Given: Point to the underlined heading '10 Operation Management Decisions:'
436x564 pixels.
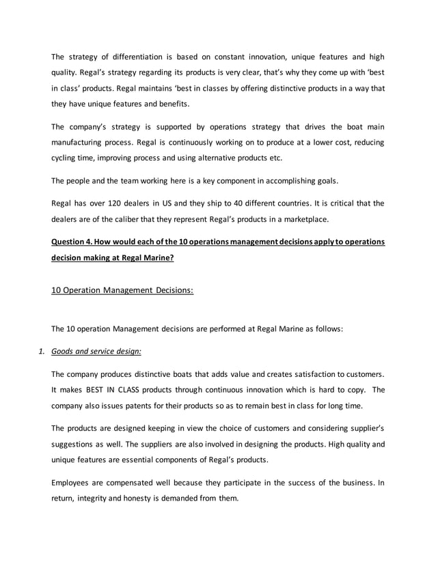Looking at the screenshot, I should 122,290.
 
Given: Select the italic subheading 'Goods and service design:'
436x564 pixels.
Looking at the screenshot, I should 96,352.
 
